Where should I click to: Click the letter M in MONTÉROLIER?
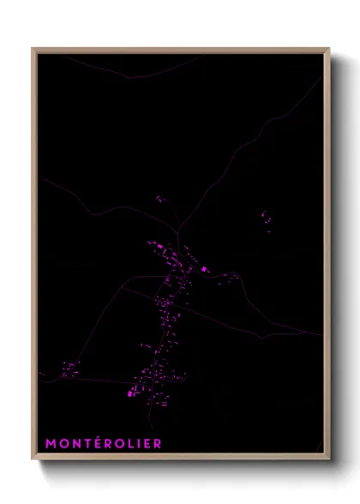click(51, 443)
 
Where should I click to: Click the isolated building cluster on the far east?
click(267, 220)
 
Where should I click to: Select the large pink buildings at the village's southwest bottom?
click(133, 392)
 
